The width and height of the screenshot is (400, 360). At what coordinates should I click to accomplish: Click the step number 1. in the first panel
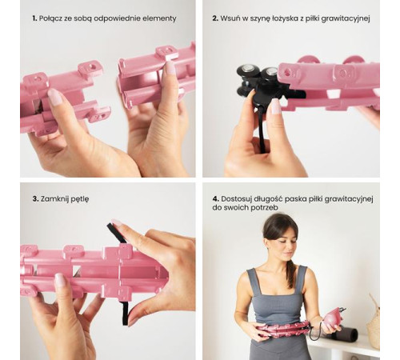pyautogui.click(x=34, y=18)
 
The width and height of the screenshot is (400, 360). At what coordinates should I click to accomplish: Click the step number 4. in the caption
pyautogui.click(x=216, y=199)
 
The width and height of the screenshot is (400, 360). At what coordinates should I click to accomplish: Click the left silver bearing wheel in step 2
pyautogui.click(x=247, y=70)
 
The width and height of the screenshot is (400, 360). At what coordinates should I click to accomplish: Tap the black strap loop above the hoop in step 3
pyautogui.click(x=117, y=233)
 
